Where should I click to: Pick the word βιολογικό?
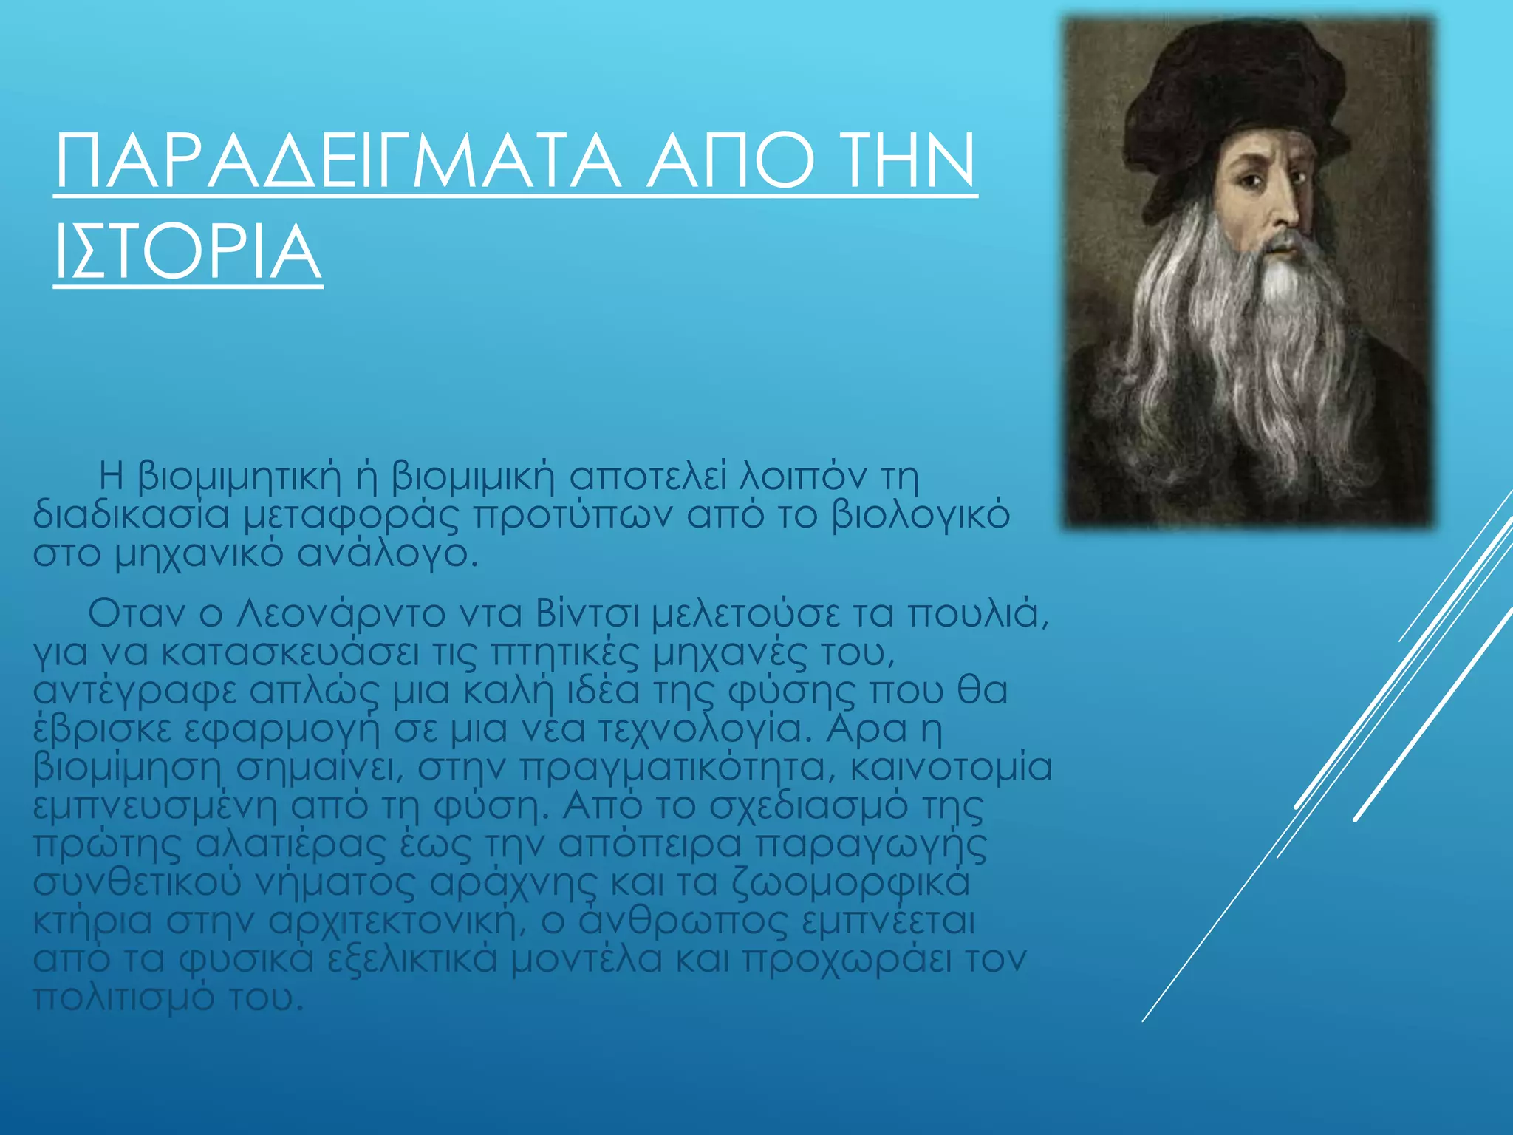coord(921,515)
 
